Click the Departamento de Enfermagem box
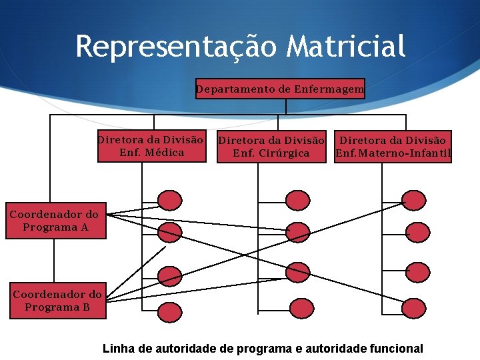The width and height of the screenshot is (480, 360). tap(280, 89)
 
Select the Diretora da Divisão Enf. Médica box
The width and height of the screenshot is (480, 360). tap(150, 147)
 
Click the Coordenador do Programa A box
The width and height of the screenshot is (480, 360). tap(55, 221)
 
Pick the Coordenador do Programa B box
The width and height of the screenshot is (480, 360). tap(57, 301)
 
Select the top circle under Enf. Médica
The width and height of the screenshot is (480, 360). tap(170, 199)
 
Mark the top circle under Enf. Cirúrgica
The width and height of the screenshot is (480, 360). tap(297, 199)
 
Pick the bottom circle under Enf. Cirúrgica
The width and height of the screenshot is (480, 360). tap(298, 307)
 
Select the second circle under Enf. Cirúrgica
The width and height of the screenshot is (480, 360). tap(297, 232)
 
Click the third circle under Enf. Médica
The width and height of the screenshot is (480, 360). tap(170, 275)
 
